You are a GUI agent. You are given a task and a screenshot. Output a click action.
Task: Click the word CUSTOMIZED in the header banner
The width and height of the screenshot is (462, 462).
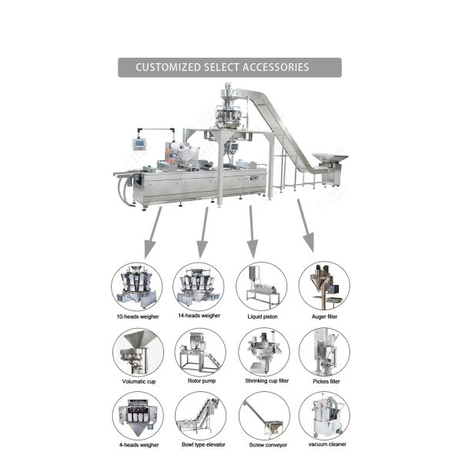(x=168, y=67)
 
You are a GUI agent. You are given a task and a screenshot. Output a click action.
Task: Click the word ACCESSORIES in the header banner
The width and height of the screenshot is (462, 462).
(x=276, y=67)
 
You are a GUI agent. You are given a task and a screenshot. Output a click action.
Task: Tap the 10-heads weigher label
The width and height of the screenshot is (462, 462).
(x=138, y=316)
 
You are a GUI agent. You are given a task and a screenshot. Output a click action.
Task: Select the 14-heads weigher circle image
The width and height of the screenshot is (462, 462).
(x=199, y=287)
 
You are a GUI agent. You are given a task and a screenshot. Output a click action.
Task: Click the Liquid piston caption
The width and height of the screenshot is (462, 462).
(x=263, y=316)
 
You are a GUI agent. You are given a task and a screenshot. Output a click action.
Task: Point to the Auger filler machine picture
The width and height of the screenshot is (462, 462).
(x=324, y=286)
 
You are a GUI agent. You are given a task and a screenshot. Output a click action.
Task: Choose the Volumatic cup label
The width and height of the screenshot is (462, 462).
(x=139, y=381)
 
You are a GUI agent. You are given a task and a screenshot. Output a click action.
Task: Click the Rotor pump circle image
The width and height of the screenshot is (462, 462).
(x=200, y=353)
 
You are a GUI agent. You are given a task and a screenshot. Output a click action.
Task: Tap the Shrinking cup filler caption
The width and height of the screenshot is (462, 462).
(x=267, y=380)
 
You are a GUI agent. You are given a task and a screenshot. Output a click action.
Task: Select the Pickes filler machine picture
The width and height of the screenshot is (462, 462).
(x=324, y=353)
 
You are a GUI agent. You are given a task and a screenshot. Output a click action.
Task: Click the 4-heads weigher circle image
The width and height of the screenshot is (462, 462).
(x=138, y=417)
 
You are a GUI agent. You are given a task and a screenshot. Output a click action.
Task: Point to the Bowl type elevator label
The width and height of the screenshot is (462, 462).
(x=203, y=444)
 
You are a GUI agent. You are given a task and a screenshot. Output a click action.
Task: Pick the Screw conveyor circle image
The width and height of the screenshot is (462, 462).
(x=264, y=417)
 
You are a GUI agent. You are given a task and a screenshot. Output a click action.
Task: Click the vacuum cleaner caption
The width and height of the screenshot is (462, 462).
(x=327, y=444)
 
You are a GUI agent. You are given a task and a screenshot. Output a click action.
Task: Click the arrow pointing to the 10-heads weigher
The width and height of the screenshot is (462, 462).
(x=153, y=233)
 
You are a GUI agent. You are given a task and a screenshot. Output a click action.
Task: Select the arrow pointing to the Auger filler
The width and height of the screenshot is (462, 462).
(x=306, y=226)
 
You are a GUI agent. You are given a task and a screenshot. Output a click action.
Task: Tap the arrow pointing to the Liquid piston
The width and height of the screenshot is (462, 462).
(x=252, y=232)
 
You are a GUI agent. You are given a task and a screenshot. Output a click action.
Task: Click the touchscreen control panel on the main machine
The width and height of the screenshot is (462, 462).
(x=139, y=143)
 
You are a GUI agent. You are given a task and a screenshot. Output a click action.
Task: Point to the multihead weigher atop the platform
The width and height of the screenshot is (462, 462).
(x=228, y=112)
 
